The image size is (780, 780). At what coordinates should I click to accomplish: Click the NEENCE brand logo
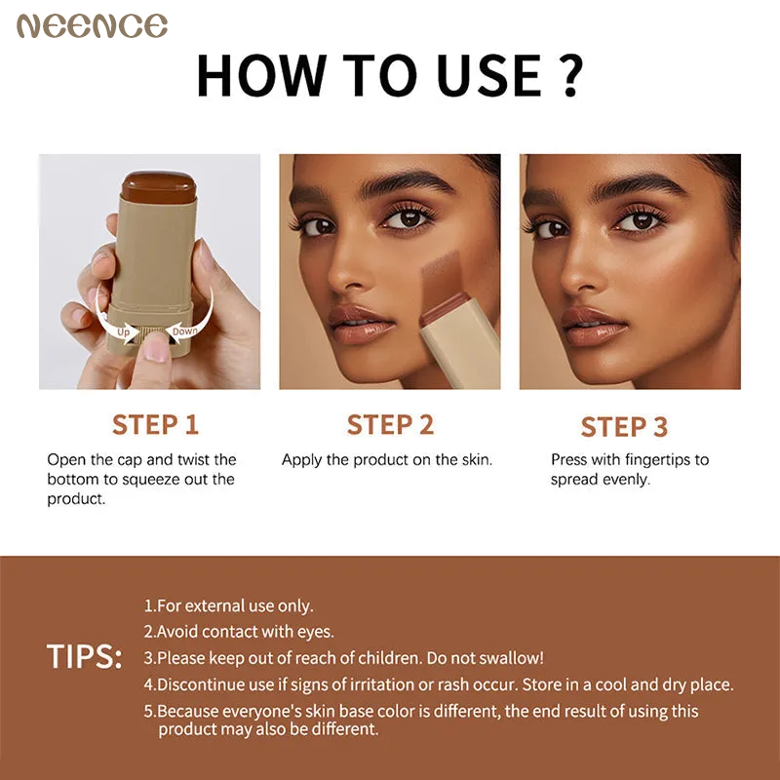point(92,26)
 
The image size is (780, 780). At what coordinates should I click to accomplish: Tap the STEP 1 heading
point(155,424)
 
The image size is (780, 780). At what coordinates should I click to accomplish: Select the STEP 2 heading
point(390,424)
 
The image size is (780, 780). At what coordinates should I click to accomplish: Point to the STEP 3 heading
point(624,426)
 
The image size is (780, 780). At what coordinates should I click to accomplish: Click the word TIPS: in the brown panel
point(85,656)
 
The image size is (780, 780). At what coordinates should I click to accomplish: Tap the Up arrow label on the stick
point(124,331)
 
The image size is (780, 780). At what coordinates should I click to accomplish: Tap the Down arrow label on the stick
point(184,331)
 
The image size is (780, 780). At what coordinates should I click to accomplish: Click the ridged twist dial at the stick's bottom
point(153,336)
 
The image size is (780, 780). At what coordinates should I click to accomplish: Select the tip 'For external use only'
point(229,605)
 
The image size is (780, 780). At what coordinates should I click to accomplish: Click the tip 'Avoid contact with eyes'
point(239,632)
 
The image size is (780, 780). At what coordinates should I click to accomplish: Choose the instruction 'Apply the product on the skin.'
point(387,459)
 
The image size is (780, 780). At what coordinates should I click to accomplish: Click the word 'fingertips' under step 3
point(651,459)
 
